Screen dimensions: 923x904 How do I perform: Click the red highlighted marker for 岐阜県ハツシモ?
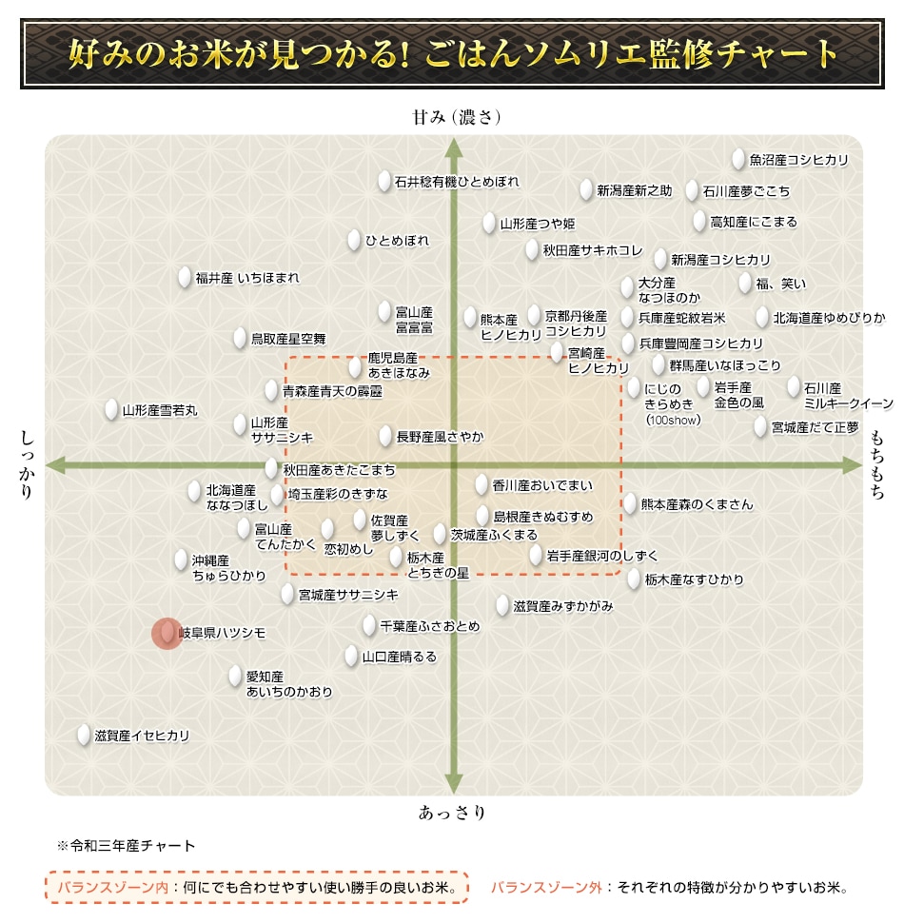167,633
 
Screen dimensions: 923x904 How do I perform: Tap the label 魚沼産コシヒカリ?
798,161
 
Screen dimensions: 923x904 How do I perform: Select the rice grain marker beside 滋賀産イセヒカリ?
84,736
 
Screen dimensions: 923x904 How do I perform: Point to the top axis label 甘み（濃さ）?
456,118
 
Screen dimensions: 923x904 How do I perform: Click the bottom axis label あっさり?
453,813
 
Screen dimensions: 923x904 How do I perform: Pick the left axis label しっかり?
27,465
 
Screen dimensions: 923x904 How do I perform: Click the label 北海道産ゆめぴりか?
829,318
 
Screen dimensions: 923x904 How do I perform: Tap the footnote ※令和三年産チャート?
126,845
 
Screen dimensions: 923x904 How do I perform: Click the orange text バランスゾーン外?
547,888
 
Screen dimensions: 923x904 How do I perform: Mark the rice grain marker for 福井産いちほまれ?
185,278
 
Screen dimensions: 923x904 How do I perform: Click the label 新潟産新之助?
634,191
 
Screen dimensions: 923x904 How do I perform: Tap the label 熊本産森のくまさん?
697,504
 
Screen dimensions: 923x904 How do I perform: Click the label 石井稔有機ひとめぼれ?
458,182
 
